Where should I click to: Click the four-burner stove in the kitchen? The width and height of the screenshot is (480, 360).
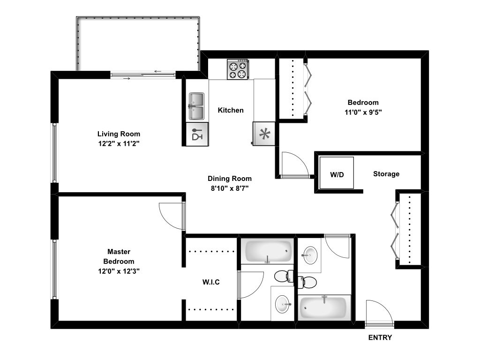(x=238, y=69)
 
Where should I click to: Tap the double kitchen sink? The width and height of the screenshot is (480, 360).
(x=197, y=106)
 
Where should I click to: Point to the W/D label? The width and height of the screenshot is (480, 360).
(x=337, y=174)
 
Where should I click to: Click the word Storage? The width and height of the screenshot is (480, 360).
(x=386, y=174)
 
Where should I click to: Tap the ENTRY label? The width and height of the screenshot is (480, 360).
(x=380, y=337)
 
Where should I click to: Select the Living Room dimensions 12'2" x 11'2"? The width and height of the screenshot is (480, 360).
(x=119, y=143)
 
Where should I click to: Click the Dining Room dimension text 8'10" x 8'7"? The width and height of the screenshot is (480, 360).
(x=229, y=188)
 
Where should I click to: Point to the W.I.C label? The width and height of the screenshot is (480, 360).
(x=211, y=282)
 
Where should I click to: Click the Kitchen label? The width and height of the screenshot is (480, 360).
(x=231, y=110)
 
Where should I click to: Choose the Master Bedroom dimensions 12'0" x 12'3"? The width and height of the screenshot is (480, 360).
(x=119, y=271)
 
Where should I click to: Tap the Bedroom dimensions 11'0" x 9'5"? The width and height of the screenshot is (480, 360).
(x=363, y=112)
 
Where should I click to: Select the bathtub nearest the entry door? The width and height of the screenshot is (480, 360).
(x=323, y=307)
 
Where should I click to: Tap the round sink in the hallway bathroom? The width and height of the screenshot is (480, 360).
(x=309, y=256)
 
